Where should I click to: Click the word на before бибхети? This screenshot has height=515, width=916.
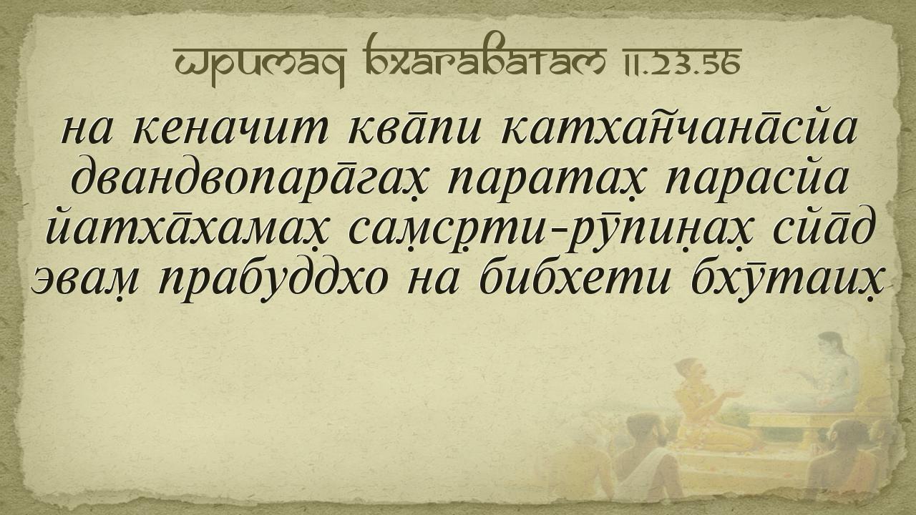pyautogui.click(x=434, y=282)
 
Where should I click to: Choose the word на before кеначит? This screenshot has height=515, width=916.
pyautogui.click(x=86, y=132)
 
